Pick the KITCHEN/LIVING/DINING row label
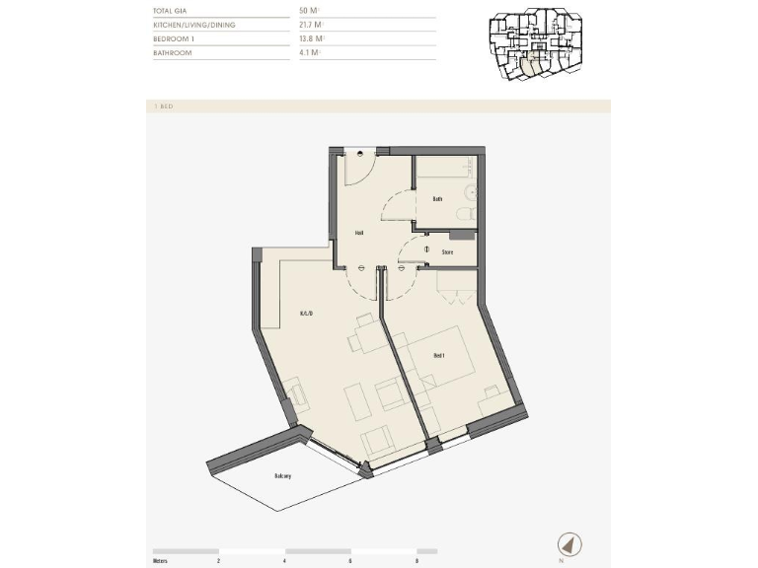tap(194, 24)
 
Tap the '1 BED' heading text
tap(164, 106)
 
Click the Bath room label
tap(437, 199)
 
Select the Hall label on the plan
tap(360, 234)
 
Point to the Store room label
tap(447, 252)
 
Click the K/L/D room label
tap(306, 314)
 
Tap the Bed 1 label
tap(440, 355)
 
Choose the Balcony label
tap(283, 476)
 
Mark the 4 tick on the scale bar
tap(284, 560)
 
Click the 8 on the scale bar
tap(417, 560)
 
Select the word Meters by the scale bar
tap(161, 560)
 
